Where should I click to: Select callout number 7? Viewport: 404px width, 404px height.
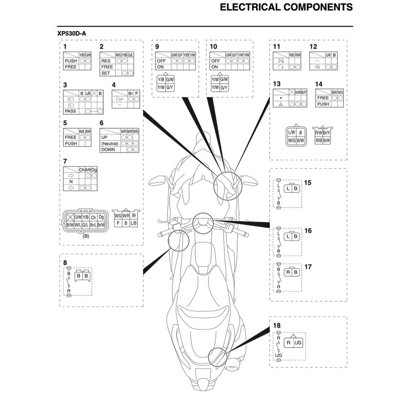[65, 161]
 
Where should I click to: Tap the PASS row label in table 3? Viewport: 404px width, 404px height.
[70, 111]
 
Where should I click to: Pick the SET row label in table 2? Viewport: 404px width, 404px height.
[106, 73]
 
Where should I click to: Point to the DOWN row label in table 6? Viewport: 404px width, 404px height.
[108, 150]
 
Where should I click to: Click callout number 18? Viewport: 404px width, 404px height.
[277, 326]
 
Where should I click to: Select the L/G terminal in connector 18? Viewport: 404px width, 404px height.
[297, 343]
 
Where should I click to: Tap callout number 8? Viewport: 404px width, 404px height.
[65, 262]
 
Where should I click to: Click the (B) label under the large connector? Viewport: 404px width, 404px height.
[86, 236]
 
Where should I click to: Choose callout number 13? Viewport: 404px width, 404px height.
[276, 84]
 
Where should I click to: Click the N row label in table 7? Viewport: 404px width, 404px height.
[71, 182]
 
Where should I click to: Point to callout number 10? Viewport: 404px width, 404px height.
[213, 46]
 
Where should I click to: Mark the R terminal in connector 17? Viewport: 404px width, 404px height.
[288, 273]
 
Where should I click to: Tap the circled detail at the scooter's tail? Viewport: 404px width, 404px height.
[217, 356]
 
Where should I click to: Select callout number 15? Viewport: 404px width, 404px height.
[308, 183]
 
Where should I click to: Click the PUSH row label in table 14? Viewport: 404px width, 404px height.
[323, 104]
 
